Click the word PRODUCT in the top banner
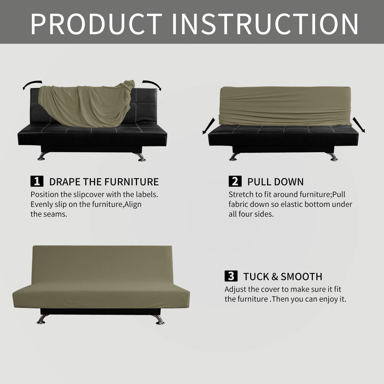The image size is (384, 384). pyautogui.click(x=96, y=24)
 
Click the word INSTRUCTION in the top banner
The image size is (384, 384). pyautogui.click(x=265, y=24)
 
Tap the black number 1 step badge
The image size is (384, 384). pyautogui.click(x=37, y=181)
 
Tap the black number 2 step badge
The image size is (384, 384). pyautogui.click(x=235, y=181)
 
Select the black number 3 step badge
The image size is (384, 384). pyautogui.click(x=231, y=276)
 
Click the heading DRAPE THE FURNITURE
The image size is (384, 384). pyautogui.click(x=104, y=182)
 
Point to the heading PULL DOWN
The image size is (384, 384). pyautogui.click(x=275, y=182)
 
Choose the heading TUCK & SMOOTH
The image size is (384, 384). pyautogui.click(x=283, y=276)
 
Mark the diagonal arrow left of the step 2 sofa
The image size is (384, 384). pyautogui.click(x=209, y=126)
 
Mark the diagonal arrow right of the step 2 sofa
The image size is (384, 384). pyautogui.click(x=359, y=125)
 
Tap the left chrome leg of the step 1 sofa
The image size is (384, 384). pyautogui.click(x=43, y=156)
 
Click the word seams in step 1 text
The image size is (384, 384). pyautogui.click(x=57, y=214)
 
